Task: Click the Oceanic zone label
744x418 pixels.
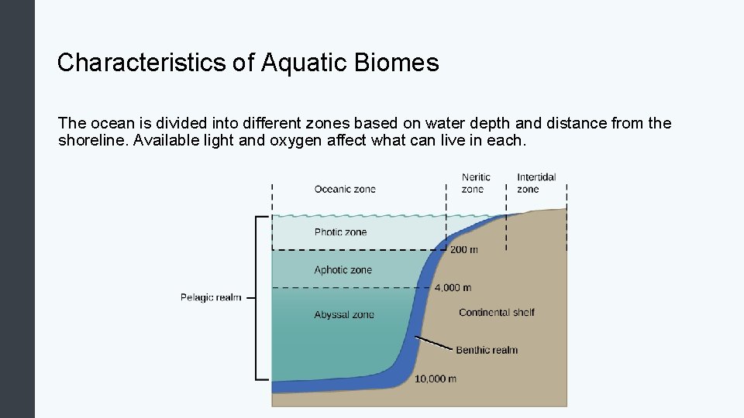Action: (x=345, y=190)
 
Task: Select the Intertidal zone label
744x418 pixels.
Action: (x=536, y=183)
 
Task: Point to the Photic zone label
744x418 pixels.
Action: (x=340, y=232)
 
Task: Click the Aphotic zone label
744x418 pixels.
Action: (x=343, y=270)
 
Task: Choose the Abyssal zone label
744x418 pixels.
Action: (x=344, y=314)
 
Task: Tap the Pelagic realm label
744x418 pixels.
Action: (x=210, y=297)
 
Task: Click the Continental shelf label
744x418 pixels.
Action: (x=497, y=313)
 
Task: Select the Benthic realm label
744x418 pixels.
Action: (x=487, y=350)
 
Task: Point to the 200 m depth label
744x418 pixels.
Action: (x=464, y=250)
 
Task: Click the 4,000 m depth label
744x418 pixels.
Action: (x=453, y=288)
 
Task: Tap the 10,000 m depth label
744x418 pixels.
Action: (x=436, y=379)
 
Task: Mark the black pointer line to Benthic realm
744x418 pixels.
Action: (x=434, y=343)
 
